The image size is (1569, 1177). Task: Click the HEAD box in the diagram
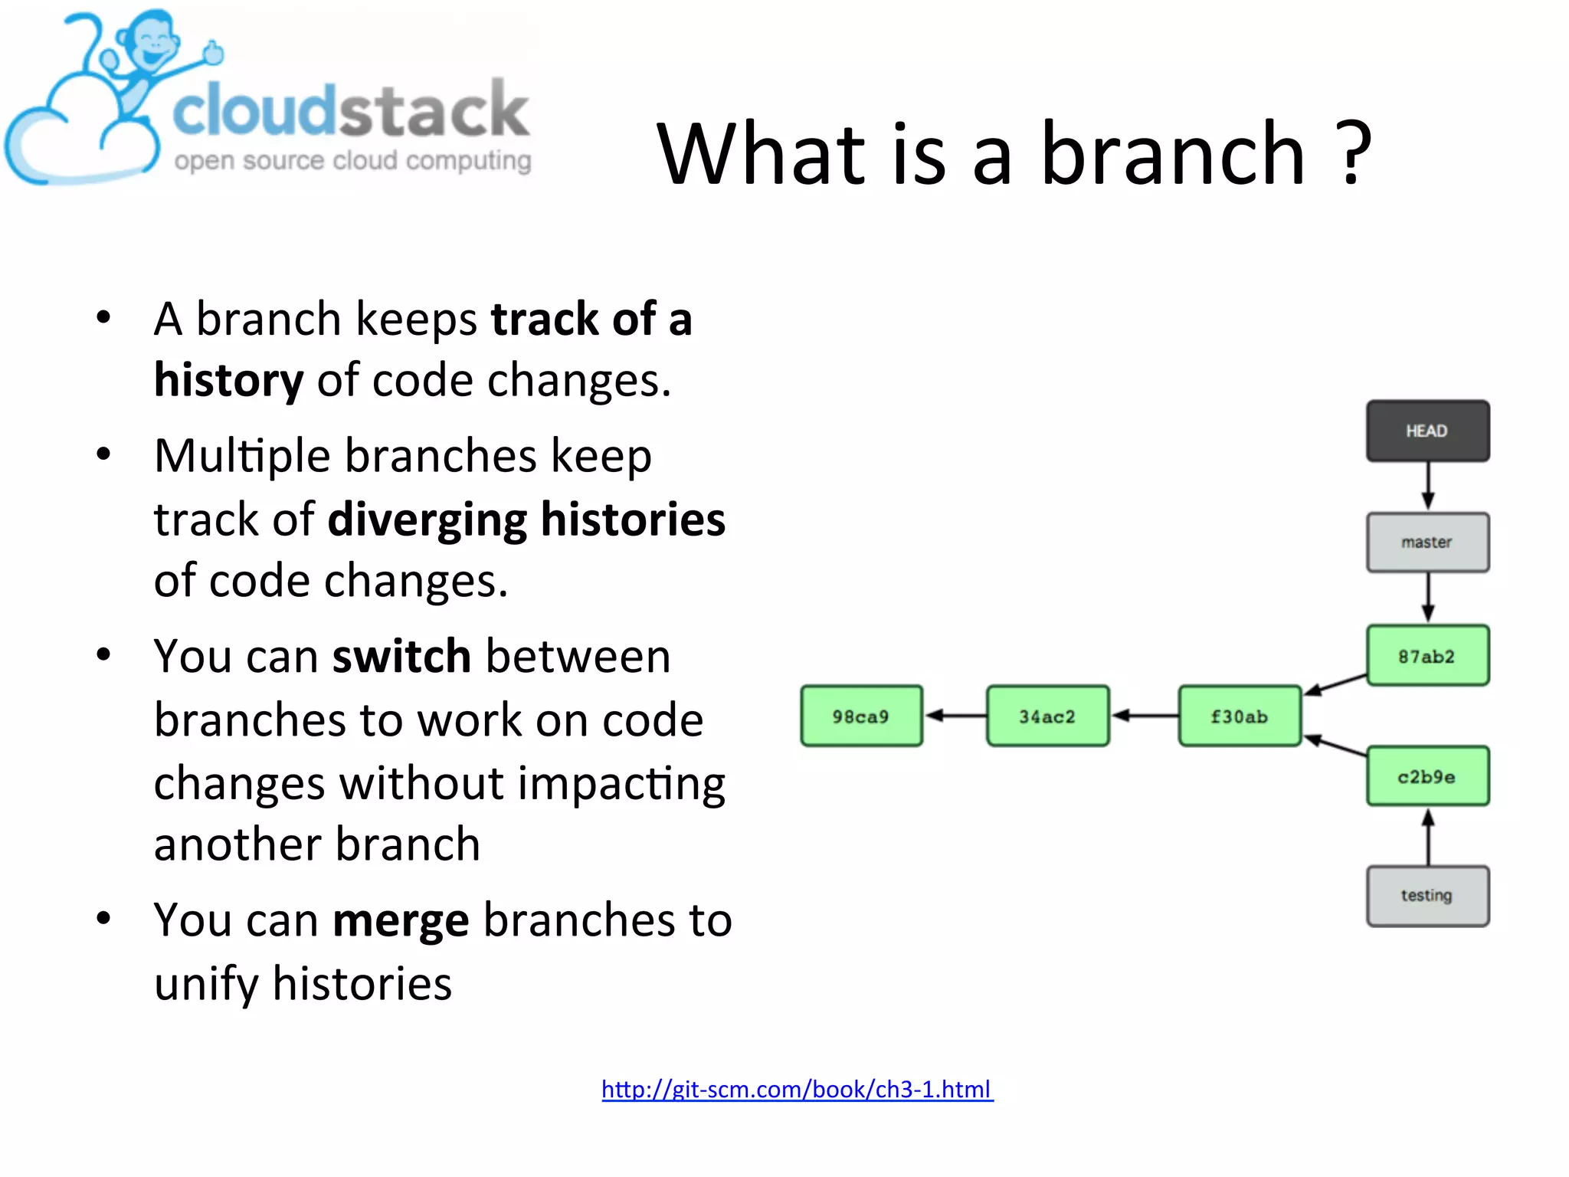pos(1427,431)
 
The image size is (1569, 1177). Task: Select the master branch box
pos(1427,543)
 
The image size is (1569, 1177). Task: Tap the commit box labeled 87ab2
pos(1427,656)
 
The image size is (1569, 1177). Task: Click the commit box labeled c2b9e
pos(1427,776)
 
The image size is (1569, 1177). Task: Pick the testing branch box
pos(1427,896)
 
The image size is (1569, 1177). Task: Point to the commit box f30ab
pos(1240,716)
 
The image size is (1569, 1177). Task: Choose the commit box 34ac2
pos(1047,716)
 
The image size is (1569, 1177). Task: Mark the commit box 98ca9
pos(861,716)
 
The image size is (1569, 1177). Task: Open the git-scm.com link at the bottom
pos(797,1089)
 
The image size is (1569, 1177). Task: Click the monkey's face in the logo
pos(156,46)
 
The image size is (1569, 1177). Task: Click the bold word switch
pos(401,657)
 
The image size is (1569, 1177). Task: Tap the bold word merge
pos(401,920)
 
